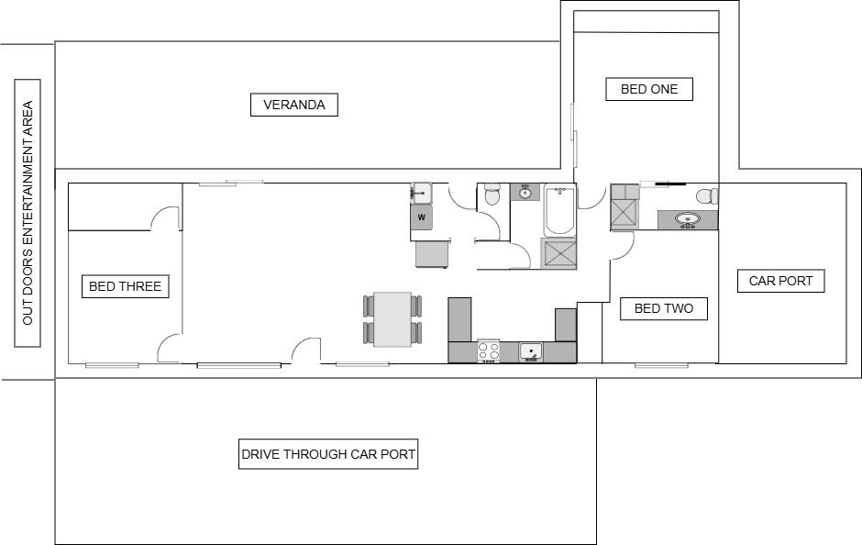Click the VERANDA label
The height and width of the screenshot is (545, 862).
[x=294, y=105]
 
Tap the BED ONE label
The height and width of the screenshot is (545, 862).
[x=649, y=89]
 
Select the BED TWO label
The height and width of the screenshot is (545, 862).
[x=664, y=308]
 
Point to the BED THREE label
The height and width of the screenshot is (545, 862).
[x=126, y=286]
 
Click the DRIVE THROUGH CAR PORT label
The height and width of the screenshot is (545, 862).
[x=328, y=454]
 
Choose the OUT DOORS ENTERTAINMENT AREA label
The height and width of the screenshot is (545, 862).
[x=28, y=213]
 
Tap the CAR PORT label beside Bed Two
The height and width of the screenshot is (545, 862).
[x=780, y=281]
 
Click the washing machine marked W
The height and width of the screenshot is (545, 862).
[x=422, y=217]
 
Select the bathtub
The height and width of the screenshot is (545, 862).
[x=560, y=210]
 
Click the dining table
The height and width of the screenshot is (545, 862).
[x=392, y=319]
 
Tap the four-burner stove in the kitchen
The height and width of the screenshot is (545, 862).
[x=488, y=351]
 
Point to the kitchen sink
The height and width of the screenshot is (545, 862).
[x=531, y=352]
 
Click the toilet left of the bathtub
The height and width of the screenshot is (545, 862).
[x=492, y=195]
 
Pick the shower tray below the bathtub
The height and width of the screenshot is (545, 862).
[x=558, y=253]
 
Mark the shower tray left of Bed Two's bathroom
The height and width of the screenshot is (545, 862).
[x=624, y=214]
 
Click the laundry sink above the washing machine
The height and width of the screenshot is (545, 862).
[x=421, y=193]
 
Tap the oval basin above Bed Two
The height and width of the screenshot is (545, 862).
[x=687, y=219]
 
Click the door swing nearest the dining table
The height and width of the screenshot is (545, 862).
[x=306, y=350]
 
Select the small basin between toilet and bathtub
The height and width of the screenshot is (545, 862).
[x=525, y=193]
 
